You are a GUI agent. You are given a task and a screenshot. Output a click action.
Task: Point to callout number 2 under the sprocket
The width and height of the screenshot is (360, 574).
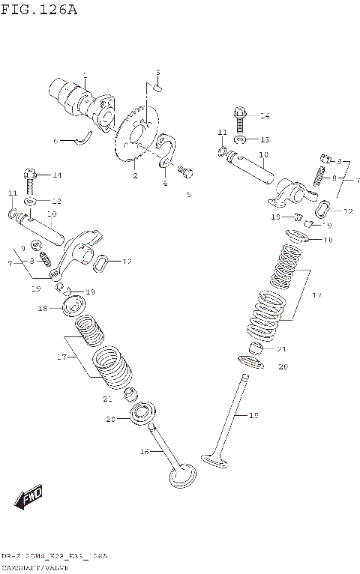135,176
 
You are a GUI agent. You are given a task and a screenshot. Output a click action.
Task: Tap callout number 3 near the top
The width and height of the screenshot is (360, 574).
158,73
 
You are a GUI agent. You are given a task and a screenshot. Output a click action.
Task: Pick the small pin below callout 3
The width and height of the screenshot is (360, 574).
157,88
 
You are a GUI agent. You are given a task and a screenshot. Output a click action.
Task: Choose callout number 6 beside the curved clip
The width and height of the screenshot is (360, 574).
55,141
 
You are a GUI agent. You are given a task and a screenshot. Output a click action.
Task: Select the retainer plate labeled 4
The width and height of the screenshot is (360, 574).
168,150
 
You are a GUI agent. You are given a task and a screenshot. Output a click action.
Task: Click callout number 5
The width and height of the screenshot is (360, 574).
188,195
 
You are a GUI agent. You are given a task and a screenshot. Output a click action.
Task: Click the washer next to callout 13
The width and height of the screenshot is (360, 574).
239,140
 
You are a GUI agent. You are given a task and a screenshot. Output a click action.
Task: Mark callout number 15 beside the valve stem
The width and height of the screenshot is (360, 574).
253,414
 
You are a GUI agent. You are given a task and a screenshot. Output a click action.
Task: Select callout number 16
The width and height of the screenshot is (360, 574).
144,452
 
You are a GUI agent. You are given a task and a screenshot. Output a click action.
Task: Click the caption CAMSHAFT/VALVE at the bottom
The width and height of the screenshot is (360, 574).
30,567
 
